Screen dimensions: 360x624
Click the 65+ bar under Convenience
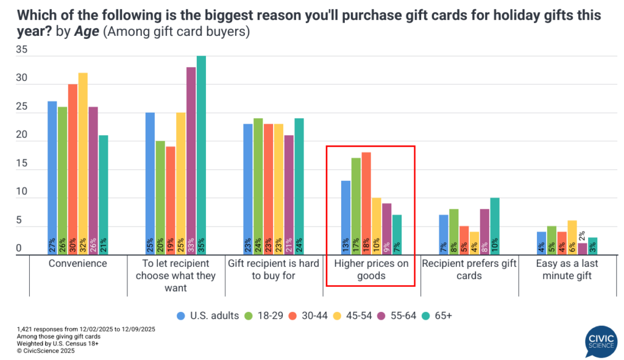point(104,195)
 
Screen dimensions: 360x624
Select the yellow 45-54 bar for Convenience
point(83,164)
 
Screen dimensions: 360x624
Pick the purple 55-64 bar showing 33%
point(191,161)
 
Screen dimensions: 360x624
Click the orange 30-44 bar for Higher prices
point(366,203)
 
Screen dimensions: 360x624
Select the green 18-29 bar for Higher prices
point(356,206)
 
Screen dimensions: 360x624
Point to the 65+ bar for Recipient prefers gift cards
point(495,226)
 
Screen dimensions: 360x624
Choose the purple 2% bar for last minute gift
point(583,249)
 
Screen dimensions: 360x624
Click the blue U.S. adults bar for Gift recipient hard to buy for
point(249,189)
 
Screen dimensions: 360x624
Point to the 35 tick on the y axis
point(21,51)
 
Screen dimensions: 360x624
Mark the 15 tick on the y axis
point(21,164)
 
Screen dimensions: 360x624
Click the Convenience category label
point(78,264)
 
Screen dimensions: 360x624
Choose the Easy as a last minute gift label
point(567,269)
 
